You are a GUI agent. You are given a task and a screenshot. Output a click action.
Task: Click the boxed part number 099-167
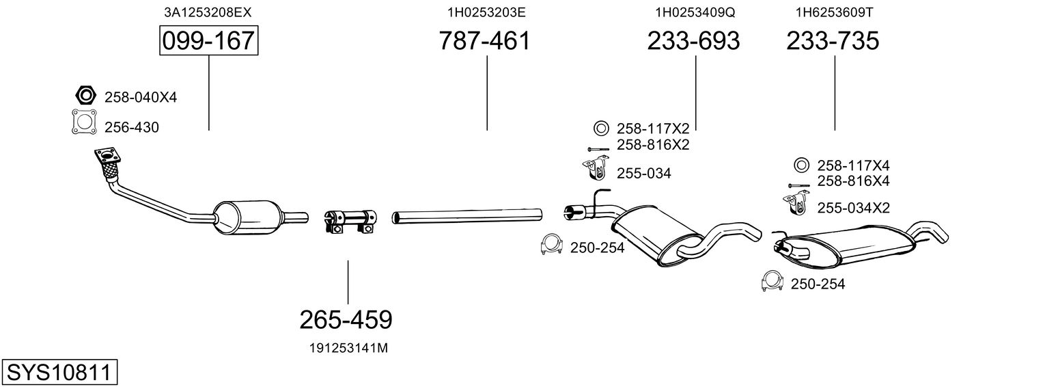tap(208, 40)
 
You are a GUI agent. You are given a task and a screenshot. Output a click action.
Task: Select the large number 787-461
tap(485, 40)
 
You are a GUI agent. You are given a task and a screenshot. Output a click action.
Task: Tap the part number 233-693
tap(693, 40)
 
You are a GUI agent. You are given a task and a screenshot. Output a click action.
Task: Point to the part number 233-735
tap(833, 40)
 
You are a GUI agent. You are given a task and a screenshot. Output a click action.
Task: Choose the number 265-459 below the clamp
tap(346, 320)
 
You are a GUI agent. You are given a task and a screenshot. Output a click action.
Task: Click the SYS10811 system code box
tap(59, 373)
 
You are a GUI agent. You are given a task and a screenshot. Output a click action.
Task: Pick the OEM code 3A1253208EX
tap(208, 12)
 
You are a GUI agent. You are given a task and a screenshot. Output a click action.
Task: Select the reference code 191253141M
tap(348, 348)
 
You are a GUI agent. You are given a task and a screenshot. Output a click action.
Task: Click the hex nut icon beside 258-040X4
tap(85, 95)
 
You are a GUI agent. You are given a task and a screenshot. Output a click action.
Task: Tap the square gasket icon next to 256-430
tap(84, 122)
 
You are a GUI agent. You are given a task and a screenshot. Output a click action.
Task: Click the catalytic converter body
tap(248, 218)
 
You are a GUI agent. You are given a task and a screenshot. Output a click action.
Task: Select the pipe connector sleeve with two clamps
tap(350, 221)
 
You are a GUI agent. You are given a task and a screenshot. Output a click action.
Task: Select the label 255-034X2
tap(853, 209)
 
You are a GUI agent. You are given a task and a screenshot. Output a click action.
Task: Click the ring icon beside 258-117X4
tap(801, 165)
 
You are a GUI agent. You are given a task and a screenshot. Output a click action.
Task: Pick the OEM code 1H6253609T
tap(834, 12)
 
